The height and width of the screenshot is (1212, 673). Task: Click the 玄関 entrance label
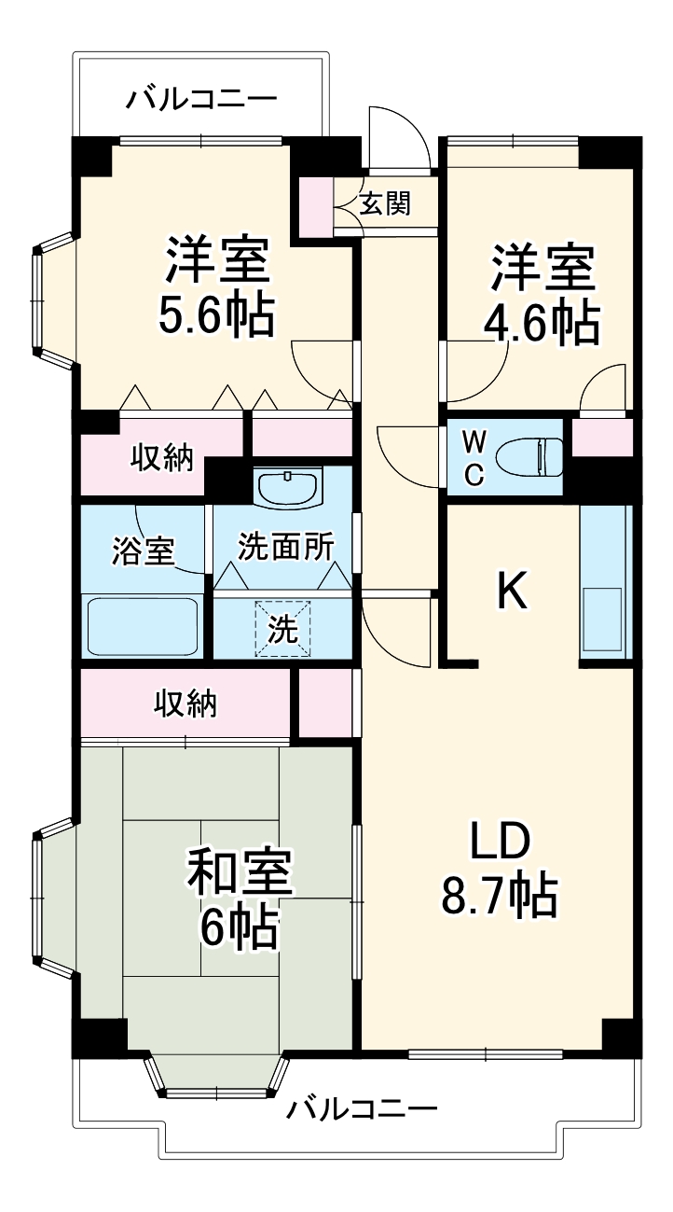pyautogui.click(x=385, y=202)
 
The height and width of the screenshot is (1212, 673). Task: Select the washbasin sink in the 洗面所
pyautogui.click(x=287, y=486)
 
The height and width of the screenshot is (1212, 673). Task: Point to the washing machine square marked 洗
pyautogui.click(x=283, y=629)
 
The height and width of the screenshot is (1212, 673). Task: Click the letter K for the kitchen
pyautogui.click(x=511, y=590)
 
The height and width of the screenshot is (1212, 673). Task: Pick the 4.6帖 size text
pyautogui.click(x=541, y=322)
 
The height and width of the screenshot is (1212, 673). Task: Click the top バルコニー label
pyautogui.click(x=201, y=97)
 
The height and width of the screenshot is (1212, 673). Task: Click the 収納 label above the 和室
pyautogui.click(x=185, y=704)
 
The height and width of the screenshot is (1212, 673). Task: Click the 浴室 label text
pyautogui.click(x=143, y=550)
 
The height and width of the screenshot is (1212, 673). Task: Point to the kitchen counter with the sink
pyautogui.click(x=605, y=582)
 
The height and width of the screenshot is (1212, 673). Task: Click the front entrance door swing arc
pyautogui.click(x=399, y=137)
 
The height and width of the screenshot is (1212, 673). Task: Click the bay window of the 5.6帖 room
pyautogui.click(x=42, y=302)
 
